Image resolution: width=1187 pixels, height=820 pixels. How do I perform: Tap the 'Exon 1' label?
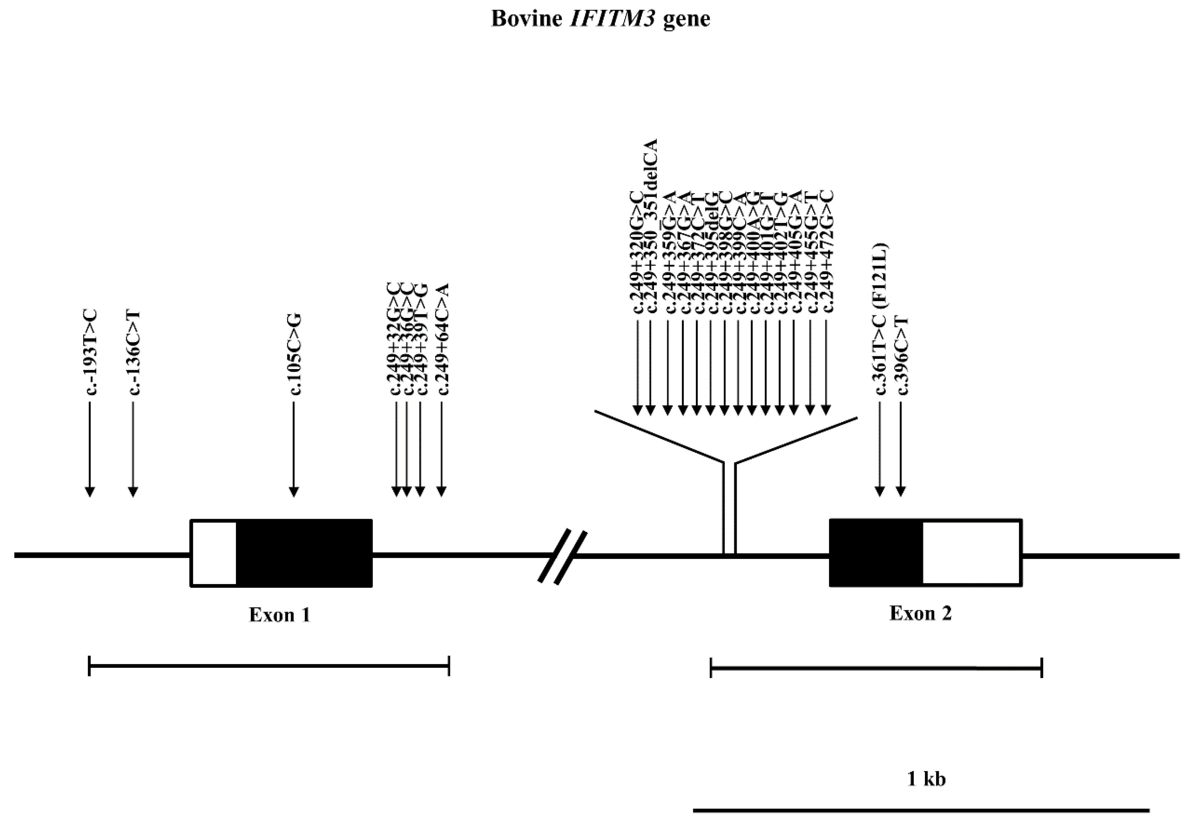pyautogui.click(x=280, y=615)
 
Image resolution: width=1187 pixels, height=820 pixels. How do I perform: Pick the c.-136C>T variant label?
pyautogui.click(x=134, y=353)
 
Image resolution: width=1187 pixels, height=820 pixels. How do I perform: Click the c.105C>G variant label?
pyautogui.click(x=295, y=355)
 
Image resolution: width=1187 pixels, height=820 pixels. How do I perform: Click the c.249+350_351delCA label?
pyautogui.click(x=651, y=225)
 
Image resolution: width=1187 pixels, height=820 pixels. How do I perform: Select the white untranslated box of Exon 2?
pyautogui.click(x=971, y=553)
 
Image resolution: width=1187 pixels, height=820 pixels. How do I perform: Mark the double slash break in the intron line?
pyautogui.click(x=562, y=556)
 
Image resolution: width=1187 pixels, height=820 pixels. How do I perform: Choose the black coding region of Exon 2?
pyautogui.click(x=876, y=553)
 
